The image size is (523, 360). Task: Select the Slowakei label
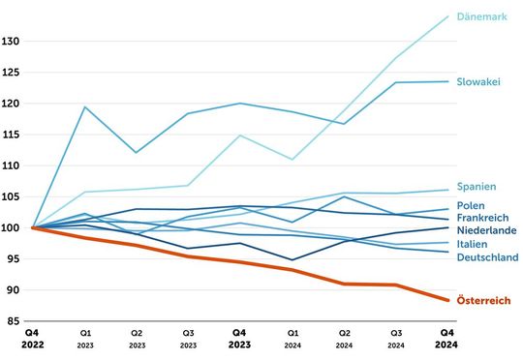click(x=478, y=82)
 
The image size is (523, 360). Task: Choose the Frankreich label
click(x=483, y=219)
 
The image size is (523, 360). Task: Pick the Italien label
click(x=473, y=245)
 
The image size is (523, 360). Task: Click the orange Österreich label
click(x=484, y=302)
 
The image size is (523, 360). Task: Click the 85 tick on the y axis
click(x=15, y=321)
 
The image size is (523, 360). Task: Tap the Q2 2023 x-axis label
click(x=138, y=339)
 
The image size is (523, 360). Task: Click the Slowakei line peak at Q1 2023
click(x=86, y=106)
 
